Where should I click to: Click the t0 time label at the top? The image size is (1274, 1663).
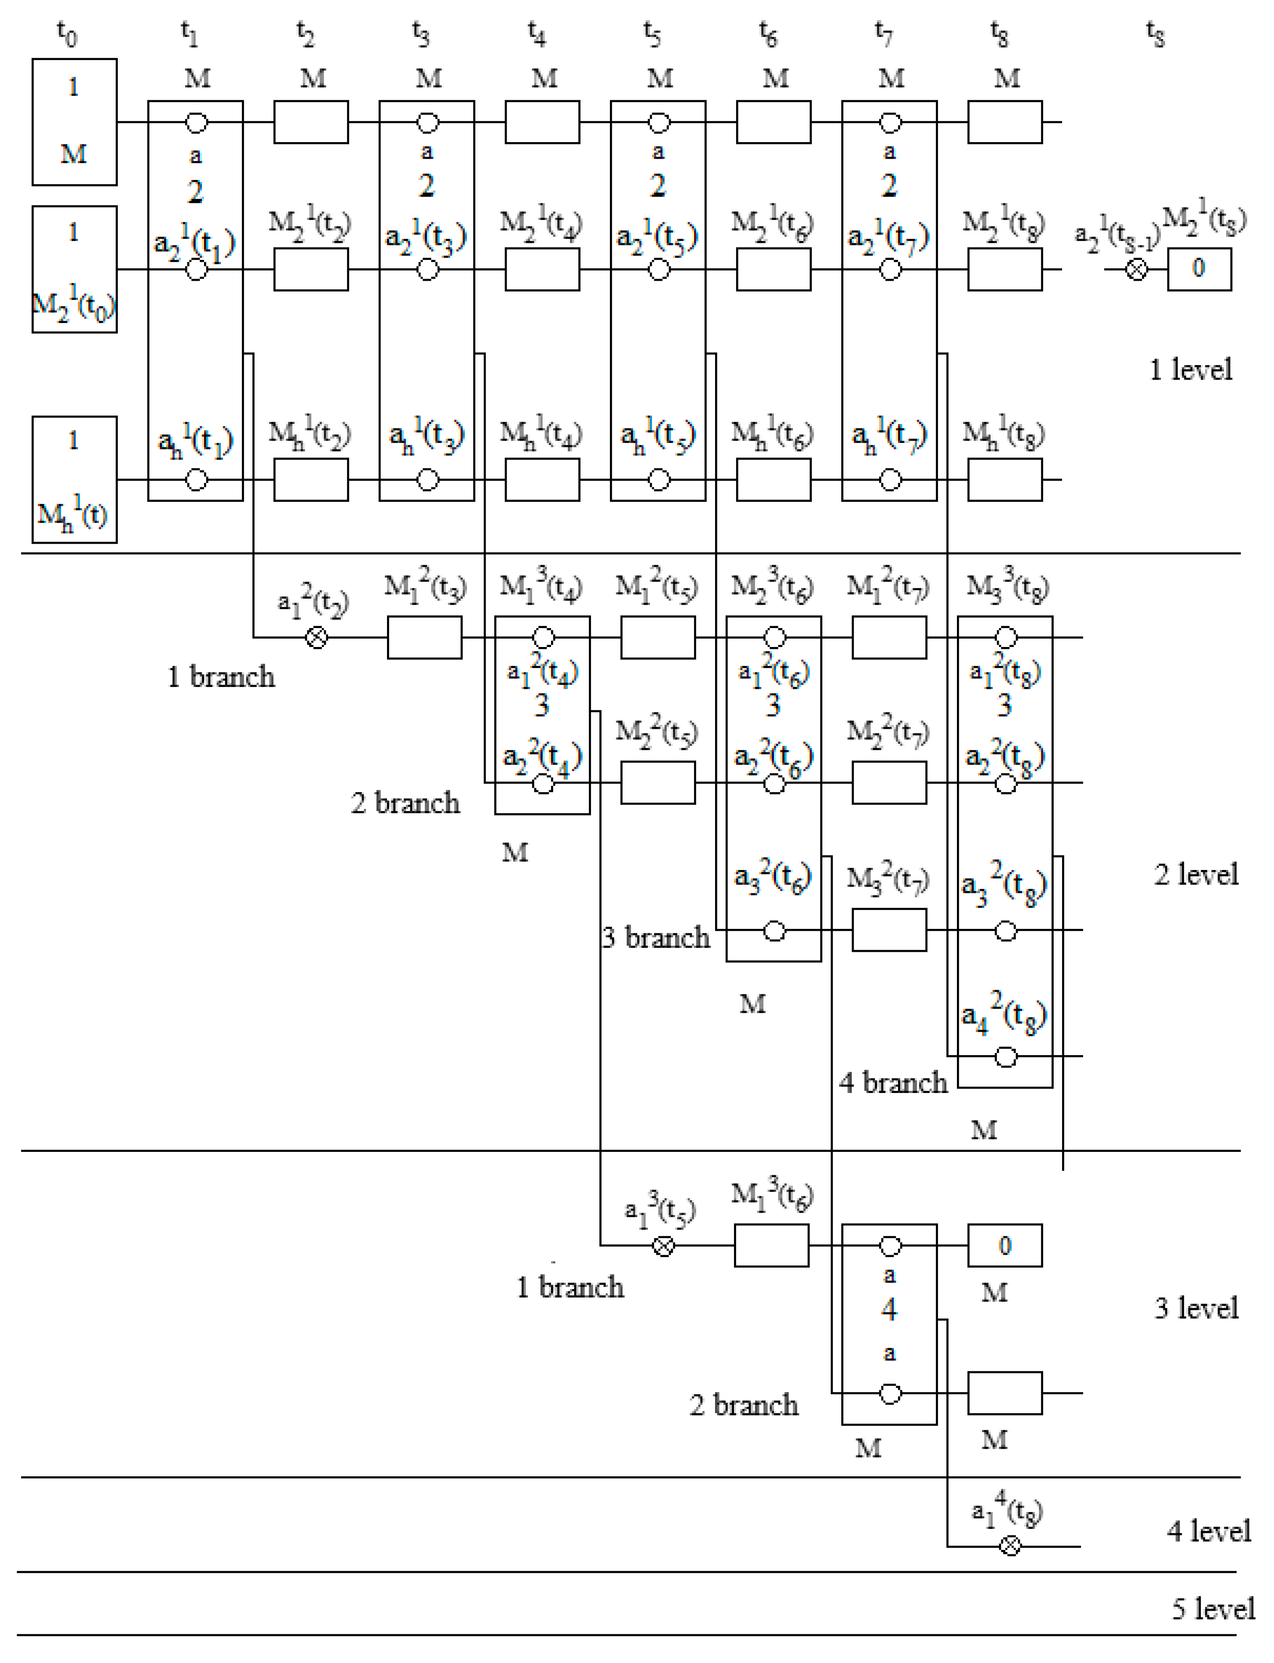(x=67, y=34)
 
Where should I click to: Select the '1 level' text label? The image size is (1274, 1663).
(x=1190, y=370)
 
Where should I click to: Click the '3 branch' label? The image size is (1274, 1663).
(x=656, y=938)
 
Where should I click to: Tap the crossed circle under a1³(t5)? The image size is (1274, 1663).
(x=664, y=1246)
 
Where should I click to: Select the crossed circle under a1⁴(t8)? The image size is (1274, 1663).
(x=1010, y=1546)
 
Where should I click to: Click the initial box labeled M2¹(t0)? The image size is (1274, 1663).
(x=74, y=269)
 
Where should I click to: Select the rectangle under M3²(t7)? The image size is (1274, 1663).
(x=889, y=930)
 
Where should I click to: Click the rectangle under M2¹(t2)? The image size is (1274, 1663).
(x=311, y=269)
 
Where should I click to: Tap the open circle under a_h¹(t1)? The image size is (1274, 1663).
(x=197, y=480)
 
